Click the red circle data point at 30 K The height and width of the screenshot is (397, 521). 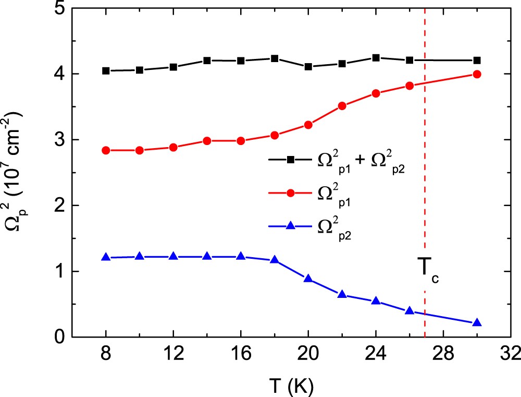click(x=476, y=74)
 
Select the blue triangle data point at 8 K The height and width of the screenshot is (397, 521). click(x=106, y=257)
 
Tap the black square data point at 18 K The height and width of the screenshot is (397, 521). click(x=275, y=58)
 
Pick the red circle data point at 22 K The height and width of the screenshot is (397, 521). click(x=342, y=106)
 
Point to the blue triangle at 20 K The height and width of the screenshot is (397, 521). click(x=308, y=279)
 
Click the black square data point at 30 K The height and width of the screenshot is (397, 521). click(x=476, y=61)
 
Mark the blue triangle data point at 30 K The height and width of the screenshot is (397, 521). click(x=476, y=323)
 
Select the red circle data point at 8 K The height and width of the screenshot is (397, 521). click(x=106, y=150)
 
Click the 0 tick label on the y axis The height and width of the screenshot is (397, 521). click(x=58, y=338)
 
